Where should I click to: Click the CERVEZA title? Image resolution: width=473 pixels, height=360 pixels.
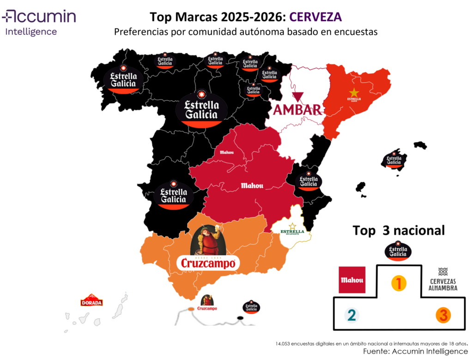pyautogui.click(x=315, y=17)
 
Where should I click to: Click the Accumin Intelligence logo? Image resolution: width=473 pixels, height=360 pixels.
pyautogui.click(x=39, y=23)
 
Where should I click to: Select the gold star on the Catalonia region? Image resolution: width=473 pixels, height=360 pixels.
pyautogui.click(x=354, y=92)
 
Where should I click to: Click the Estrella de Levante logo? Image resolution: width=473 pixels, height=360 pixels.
pyautogui.click(x=292, y=230)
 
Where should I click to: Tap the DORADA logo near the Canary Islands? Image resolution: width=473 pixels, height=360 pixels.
pyautogui.click(x=91, y=301)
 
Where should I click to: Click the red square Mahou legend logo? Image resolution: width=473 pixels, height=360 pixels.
pyautogui.click(x=352, y=280)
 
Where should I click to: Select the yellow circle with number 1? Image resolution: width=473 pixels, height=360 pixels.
pyautogui.click(x=398, y=283)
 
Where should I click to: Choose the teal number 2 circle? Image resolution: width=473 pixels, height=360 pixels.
pyautogui.click(x=351, y=316)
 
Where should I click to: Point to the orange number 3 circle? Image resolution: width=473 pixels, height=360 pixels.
pyautogui.click(x=443, y=316)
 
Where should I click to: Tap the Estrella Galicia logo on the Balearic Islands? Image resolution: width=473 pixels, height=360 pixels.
pyautogui.click(x=394, y=159)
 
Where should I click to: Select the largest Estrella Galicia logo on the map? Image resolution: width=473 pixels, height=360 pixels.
pyautogui.click(x=201, y=109)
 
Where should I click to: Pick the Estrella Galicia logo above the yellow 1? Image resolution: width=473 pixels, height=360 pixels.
pyautogui.click(x=398, y=250)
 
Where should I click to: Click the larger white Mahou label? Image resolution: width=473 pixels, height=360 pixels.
pyautogui.click(x=252, y=186)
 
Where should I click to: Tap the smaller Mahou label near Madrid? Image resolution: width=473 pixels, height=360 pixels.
pyautogui.click(x=227, y=152)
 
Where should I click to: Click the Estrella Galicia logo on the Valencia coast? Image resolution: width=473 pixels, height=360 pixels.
pyautogui.click(x=308, y=180)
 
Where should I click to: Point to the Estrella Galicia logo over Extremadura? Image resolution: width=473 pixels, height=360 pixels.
pyautogui.click(x=173, y=194)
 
